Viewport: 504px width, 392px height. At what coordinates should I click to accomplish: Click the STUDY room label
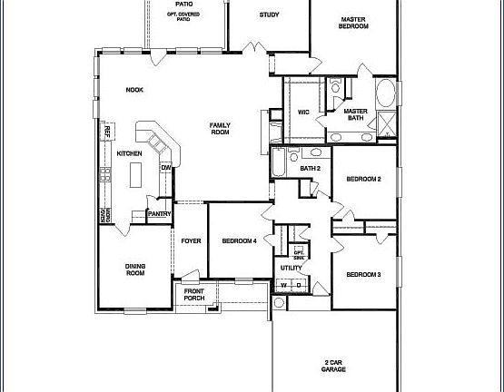point(269,15)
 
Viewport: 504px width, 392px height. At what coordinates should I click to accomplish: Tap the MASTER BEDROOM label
point(354,23)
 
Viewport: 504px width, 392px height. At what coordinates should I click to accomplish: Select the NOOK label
point(134,89)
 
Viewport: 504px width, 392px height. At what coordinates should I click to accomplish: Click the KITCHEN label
point(129,153)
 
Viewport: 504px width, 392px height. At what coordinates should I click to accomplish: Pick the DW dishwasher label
point(166,168)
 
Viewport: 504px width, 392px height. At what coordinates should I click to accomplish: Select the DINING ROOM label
point(135,269)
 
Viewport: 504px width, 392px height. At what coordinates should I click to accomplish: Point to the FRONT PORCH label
point(194,295)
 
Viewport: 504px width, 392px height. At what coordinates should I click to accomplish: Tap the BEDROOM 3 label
point(363,274)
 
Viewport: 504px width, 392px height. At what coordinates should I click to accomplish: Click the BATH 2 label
point(311,168)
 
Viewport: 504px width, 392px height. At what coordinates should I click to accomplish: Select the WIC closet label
point(303,113)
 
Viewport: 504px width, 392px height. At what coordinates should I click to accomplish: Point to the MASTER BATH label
point(355,115)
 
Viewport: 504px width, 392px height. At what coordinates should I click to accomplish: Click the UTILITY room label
point(292,268)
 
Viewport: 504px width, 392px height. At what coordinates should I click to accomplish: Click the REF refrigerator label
point(106,132)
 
